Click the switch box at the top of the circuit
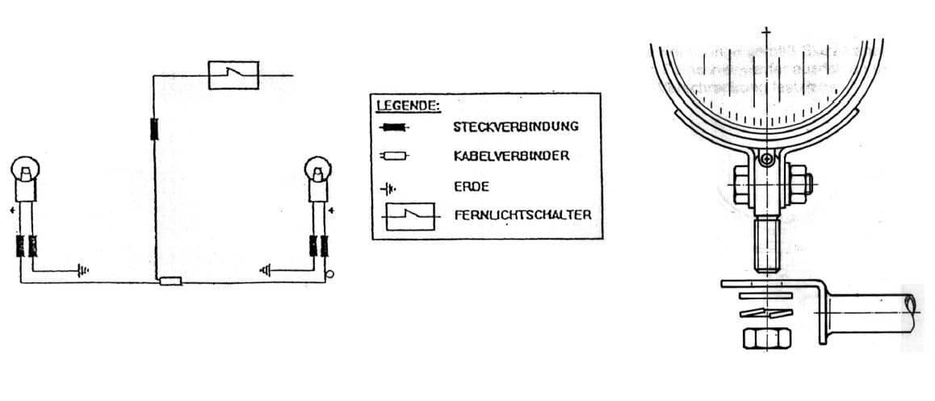click(233, 74)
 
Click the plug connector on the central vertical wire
click(153, 128)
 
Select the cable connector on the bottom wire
click(171, 282)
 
